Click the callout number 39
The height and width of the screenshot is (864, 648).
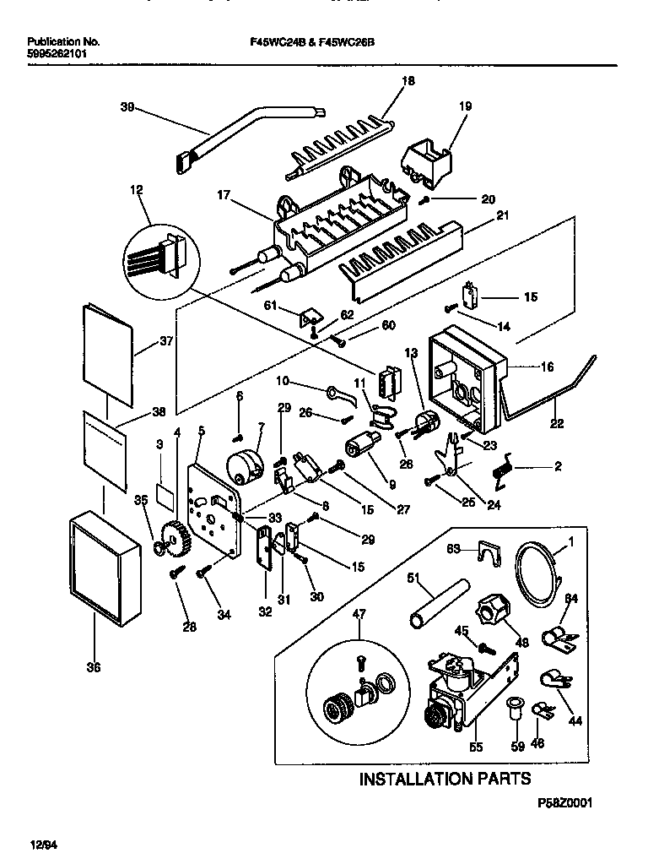coord(127,106)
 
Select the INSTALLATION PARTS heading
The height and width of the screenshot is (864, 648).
coord(445,778)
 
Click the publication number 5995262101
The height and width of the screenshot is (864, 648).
coord(57,52)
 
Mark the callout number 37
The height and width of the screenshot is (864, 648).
coord(165,344)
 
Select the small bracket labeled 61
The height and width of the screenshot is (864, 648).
coord(310,318)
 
